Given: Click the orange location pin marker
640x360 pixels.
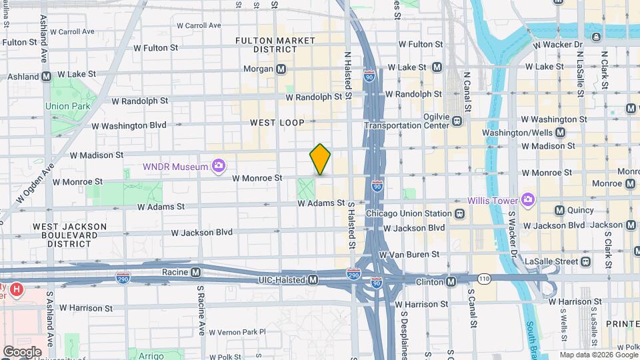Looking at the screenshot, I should pyautogui.click(x=320, y=159).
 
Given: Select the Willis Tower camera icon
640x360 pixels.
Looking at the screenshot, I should pyautogui.click(x=528, y=199).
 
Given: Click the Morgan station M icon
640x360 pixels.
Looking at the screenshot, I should pyautogui.click(x=281, y=69).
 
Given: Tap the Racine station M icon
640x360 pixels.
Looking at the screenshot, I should pyautogui.click(x=196, y=272).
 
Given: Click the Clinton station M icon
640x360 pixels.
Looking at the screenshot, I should pyautogui.click(x=451, y=281).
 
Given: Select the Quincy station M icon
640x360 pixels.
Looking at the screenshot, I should pyautogui.click(x=560, y=210).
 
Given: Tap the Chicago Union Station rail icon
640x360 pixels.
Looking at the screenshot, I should pyautogui.click(x=459, y=214).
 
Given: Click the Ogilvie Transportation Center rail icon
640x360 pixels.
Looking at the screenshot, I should pyautogui.click(x=457, y=121).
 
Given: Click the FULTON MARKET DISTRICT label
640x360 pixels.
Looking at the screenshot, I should pyautogui.click(x=275, y=45).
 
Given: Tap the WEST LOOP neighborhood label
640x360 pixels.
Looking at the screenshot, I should pyautogui.click(x=277, y=123).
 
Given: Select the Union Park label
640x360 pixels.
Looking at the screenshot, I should pyautogui.click(x=67, y=106).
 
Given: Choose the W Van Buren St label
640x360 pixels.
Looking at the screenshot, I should pyautogui.click(x=409, y=254).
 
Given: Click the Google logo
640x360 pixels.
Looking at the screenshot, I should pyautogui.click(x=22, y=351).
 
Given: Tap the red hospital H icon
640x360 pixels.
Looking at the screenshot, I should pyautogui.click(x=17, y=291).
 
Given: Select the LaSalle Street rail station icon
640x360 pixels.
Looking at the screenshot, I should pyautogui.click(x=585, y=261).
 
